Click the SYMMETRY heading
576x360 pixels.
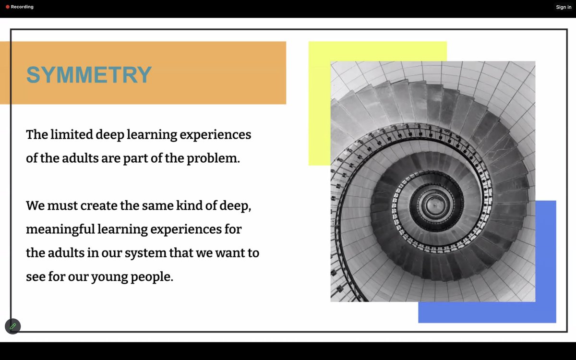tap(89, 75)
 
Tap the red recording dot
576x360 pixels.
tap(8, 7)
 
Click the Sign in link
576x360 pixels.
tap(564, 7)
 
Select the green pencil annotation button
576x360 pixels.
tap(13, 326)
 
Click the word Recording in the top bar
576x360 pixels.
tap(22, 7)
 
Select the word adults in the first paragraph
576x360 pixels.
tap(80, 158)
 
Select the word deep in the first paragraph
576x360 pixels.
tap(109, 134)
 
